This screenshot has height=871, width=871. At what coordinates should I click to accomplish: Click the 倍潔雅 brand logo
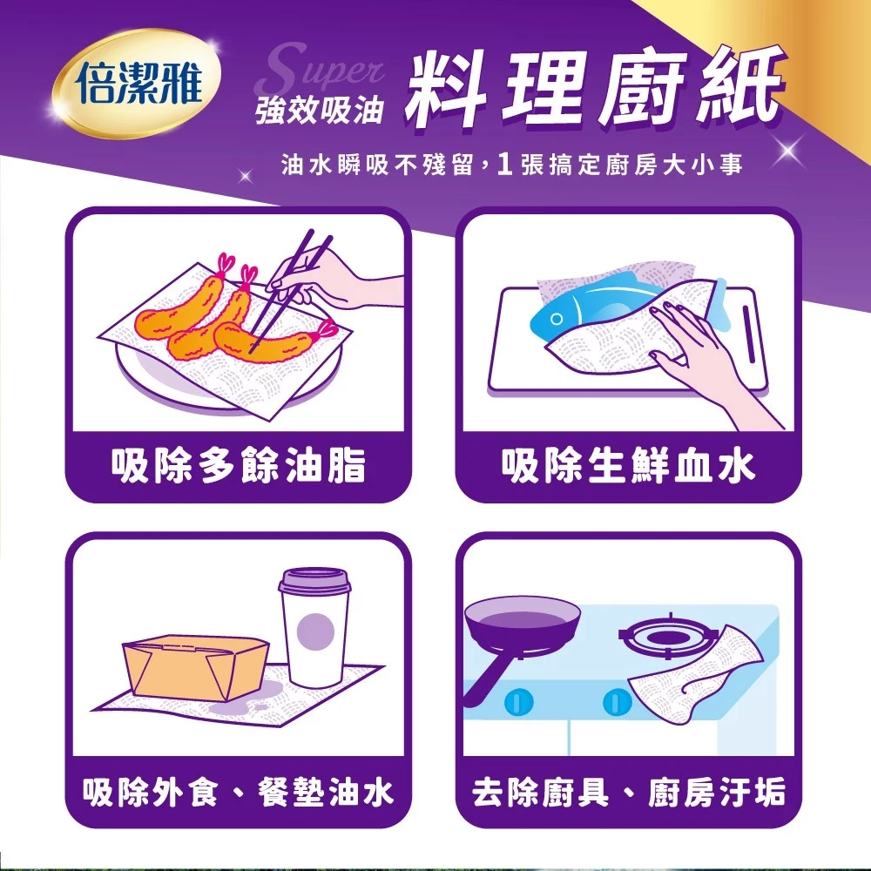(x=138, y=84)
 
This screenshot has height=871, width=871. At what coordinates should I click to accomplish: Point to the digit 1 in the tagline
(x=504, y=164)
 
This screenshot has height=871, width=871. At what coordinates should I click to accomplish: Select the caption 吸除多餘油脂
(x=239, y=465)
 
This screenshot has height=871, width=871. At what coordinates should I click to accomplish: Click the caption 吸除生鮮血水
(x=628, y=465)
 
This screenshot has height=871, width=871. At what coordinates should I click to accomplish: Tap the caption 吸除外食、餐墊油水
(x=239, y=792)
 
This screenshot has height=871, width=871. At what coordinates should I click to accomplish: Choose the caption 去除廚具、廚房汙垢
(x=628, y=792)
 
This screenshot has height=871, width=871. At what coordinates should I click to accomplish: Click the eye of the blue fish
(x=556, y=320)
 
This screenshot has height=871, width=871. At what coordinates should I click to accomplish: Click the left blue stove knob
(x=519, y=701)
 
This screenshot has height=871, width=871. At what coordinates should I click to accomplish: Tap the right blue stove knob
(x=617, y=701)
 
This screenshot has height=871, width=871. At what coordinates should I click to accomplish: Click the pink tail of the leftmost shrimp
(x=225, y=265)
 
